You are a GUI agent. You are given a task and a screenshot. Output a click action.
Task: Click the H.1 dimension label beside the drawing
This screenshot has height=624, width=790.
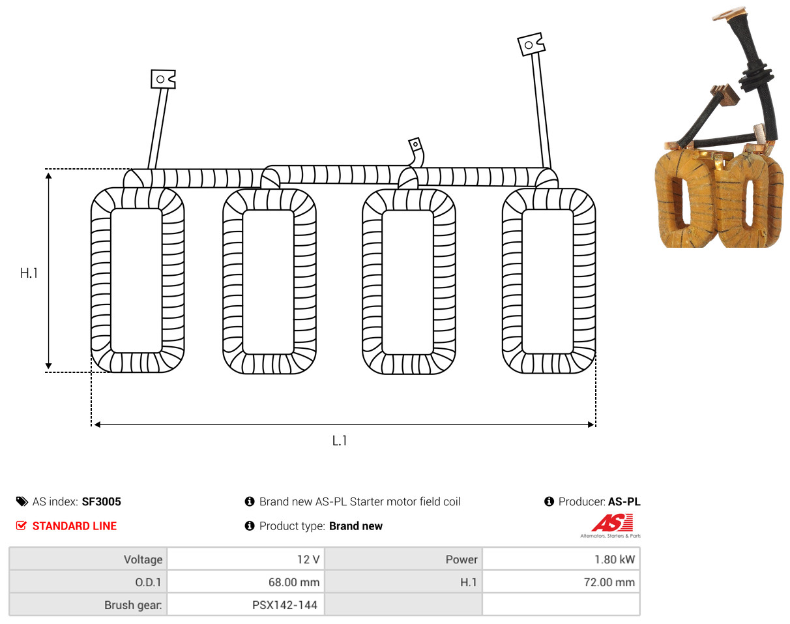[x=29, y=273]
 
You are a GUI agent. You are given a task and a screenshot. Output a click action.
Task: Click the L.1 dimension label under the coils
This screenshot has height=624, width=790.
[x=339, y=440]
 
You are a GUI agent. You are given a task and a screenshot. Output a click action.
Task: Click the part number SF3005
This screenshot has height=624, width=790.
[x=101, y=501]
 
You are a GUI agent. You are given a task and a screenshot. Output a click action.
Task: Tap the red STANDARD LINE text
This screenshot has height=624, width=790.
[x=74, y=526]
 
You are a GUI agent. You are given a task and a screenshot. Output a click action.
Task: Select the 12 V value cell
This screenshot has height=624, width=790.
[x=246, y=559]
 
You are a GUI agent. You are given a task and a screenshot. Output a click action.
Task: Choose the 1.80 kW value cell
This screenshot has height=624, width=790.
[x=561, y=559]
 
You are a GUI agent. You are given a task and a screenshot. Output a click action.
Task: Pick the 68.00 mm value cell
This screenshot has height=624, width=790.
[x=246, y=582]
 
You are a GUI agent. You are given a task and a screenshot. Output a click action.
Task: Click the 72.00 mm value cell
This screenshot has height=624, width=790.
[x=561, y=582]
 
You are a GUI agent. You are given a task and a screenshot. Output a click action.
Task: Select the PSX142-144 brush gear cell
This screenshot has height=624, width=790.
[x=246, y=604]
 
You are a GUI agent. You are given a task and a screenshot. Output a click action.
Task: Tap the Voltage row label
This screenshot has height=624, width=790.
[x=143, y=559]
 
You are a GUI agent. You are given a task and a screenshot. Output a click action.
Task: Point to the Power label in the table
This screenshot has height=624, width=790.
[x=461, y=559]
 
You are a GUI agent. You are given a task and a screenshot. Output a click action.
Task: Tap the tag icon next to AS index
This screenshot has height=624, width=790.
[x=22, y=501]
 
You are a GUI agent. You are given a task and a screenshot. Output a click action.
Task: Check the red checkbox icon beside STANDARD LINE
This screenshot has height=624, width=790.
[x=22, y=526]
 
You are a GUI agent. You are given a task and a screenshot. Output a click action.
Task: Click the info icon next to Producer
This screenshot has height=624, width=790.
[x=549, y=501]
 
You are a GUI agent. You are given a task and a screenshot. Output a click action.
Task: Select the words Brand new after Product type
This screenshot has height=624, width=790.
[x=356, y=526]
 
